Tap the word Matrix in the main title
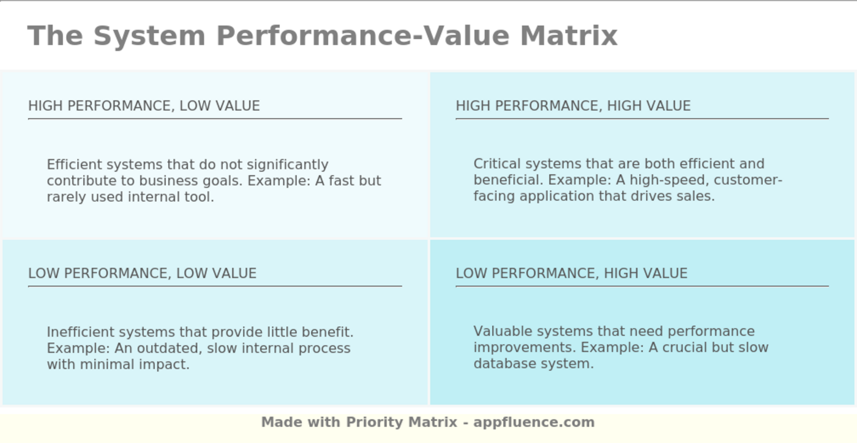pos(569,35)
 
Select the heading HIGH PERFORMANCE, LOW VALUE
pos(144,106)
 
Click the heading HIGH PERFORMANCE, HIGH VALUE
pos(573,106)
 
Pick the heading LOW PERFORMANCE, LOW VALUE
pos(142,274)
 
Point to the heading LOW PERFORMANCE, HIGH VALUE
pos(571,274)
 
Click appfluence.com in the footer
pos(534,422)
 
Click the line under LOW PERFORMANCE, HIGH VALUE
pos(642,286)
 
